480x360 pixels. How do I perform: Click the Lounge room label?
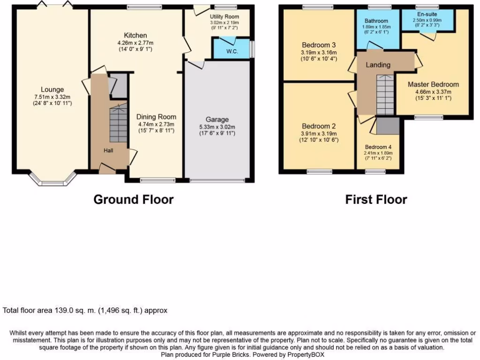pyautogui.click(x=52, y=90)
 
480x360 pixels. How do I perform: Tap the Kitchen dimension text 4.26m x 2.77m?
pyautogui.click(x=135, y=43)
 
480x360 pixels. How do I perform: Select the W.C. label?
pyautogui.click(x=232, y=52)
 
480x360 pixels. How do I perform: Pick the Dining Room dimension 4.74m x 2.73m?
pyautogui.click(x=156, y=124)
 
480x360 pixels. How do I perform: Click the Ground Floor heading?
pyautogui.click(x=134, y=199)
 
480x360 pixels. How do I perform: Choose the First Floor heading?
pyautogui.click(x=376, y=199)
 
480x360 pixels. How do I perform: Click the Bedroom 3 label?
pyautogui.click(x=319, y=45)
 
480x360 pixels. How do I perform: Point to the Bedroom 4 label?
pyautogui.click(x=378, y=147)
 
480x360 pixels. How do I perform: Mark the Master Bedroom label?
pyautogui.click(x=433, y=84)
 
